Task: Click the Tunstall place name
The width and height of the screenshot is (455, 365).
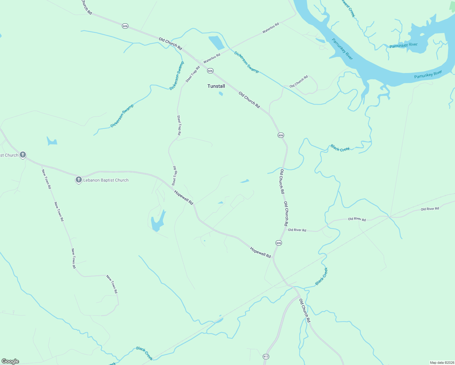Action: point(216,86)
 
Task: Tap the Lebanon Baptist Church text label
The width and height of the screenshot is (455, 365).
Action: point(106,180)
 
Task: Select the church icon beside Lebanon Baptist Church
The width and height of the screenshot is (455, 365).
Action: point(78,180)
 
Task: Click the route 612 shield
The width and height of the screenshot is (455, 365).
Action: point(266,356)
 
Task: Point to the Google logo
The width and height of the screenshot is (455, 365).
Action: point(10,361)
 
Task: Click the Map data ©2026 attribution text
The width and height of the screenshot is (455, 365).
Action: point(441,363)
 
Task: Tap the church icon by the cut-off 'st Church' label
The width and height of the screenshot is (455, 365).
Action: point(23,155)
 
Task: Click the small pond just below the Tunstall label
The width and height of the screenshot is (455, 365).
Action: point(221,94)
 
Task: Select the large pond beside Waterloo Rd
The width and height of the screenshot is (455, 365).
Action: point(216,43)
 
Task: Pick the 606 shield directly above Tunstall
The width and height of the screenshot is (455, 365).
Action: point(210,71)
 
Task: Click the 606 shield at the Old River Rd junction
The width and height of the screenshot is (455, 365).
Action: point(279,243)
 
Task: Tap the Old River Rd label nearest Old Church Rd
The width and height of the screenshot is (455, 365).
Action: point(297,230)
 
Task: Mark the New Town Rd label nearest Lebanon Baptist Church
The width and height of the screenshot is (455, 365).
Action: point(46,179)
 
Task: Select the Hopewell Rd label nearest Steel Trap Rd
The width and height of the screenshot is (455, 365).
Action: point(184,197)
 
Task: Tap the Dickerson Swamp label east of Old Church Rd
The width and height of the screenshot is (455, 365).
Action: point(246,62)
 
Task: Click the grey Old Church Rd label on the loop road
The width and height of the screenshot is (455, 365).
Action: point(299,82)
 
